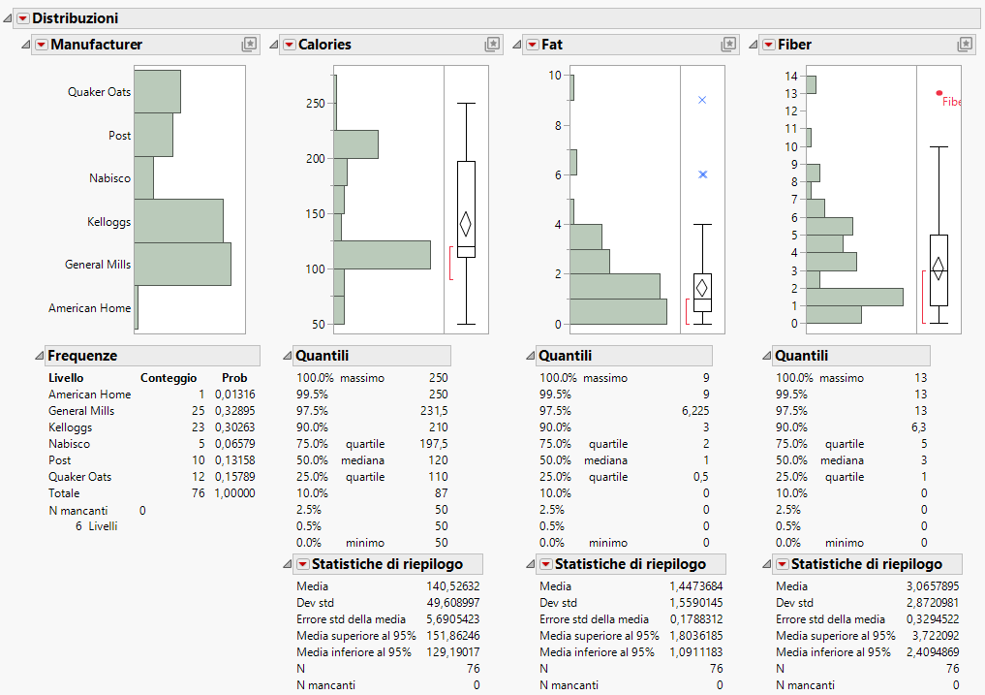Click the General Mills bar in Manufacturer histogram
click(x=182, y=264)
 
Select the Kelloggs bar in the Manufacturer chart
click(x=178, y=221)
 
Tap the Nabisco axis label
click(x=109, y=178)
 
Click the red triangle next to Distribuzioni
click(x=22, y=18)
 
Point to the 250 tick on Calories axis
click(x=316, y=103)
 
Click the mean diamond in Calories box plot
click(x=466, y=224)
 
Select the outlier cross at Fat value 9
click(x=702, y=100)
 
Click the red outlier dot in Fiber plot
click(x=939, y=94)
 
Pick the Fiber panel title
click(x=794, y=45)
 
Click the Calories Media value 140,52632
click(x=451, y=586)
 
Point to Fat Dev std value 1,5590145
click(x=694, y=603)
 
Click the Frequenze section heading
click(x=82, y=356)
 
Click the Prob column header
click(x=234, y=378)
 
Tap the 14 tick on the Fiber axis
click(x=791, y=76)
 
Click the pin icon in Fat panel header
click(x=728, y=45)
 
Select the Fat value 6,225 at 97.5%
click(x=693, y=411)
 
